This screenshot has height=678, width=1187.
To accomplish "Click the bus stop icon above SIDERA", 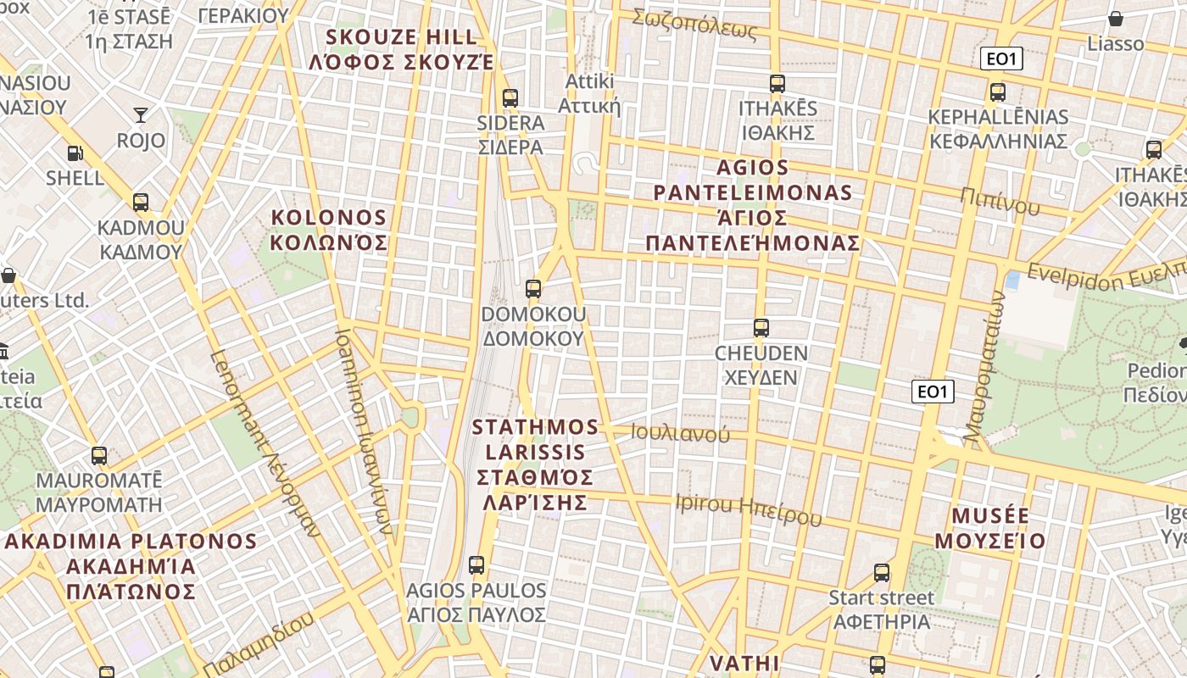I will (510, 97).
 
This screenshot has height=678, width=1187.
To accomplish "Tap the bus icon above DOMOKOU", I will (533, 289).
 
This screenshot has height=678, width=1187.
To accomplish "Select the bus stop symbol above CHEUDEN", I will (761, 328).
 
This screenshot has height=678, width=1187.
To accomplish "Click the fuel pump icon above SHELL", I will (75, 153).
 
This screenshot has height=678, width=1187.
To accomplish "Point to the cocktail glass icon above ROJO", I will (141, 115).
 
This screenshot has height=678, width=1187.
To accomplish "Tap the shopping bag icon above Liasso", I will (1116, 19).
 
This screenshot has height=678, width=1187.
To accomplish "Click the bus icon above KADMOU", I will (141, 203).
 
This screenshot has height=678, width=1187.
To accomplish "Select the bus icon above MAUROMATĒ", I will (99, 456).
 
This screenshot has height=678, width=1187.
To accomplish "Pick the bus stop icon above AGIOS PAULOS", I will (476, 564).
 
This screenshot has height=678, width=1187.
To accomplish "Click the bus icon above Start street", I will (882, 573).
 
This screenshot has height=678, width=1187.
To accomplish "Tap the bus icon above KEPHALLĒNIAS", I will (998, 92).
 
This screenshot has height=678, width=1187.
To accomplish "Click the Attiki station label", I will (589, 94).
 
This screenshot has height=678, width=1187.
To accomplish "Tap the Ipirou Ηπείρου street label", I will (749, 508).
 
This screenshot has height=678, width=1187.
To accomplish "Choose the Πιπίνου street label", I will (1000, 201).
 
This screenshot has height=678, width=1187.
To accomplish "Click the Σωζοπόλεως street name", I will (694, 25).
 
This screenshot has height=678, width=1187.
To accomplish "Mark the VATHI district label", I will (744, 663).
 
